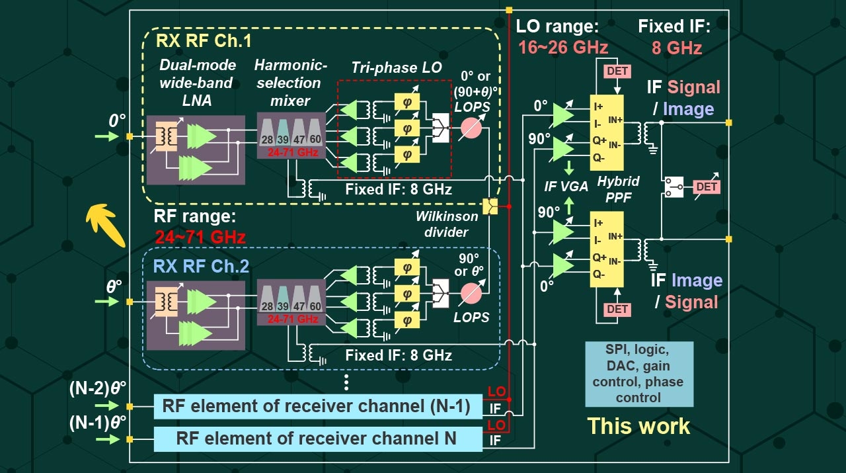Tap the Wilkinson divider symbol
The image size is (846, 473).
pos(490,207)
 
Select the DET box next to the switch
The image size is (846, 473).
pos(707,187)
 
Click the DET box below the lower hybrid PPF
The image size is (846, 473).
pos(617,309)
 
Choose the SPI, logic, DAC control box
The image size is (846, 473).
pos(638,373)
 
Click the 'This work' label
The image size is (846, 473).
pos(638,425)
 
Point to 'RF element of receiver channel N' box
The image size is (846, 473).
pos(318,438)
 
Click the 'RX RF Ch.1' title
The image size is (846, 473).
pos(204,41)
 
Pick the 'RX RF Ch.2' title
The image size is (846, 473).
pos(202,266)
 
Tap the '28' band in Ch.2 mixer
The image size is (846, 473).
pos(267,306)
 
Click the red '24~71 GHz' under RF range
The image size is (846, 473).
pos(200,236)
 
